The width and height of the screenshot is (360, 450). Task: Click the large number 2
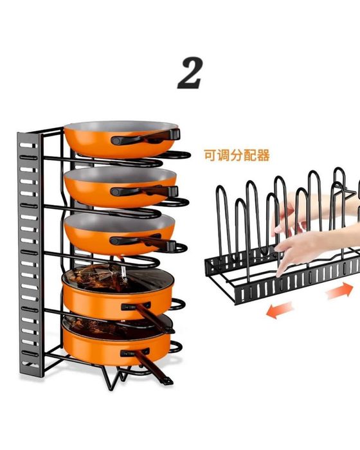(x=190, y=73)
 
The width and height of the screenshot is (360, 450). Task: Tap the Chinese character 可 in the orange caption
(x=210, y=156)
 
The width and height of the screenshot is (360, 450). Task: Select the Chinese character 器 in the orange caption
(x=264, y=156)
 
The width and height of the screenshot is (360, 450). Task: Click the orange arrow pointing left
(x=280, y=310)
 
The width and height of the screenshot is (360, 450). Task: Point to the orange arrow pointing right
(x=339, y=291)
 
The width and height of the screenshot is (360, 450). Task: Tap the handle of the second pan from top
(x=145, y=192)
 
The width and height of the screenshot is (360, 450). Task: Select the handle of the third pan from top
(x=143, y=241)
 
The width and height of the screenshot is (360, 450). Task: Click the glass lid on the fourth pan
(x=118, y=278)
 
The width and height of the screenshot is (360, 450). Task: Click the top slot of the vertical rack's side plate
(x=28, y=145)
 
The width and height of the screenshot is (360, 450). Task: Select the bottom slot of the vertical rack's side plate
(x=30, y=365)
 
